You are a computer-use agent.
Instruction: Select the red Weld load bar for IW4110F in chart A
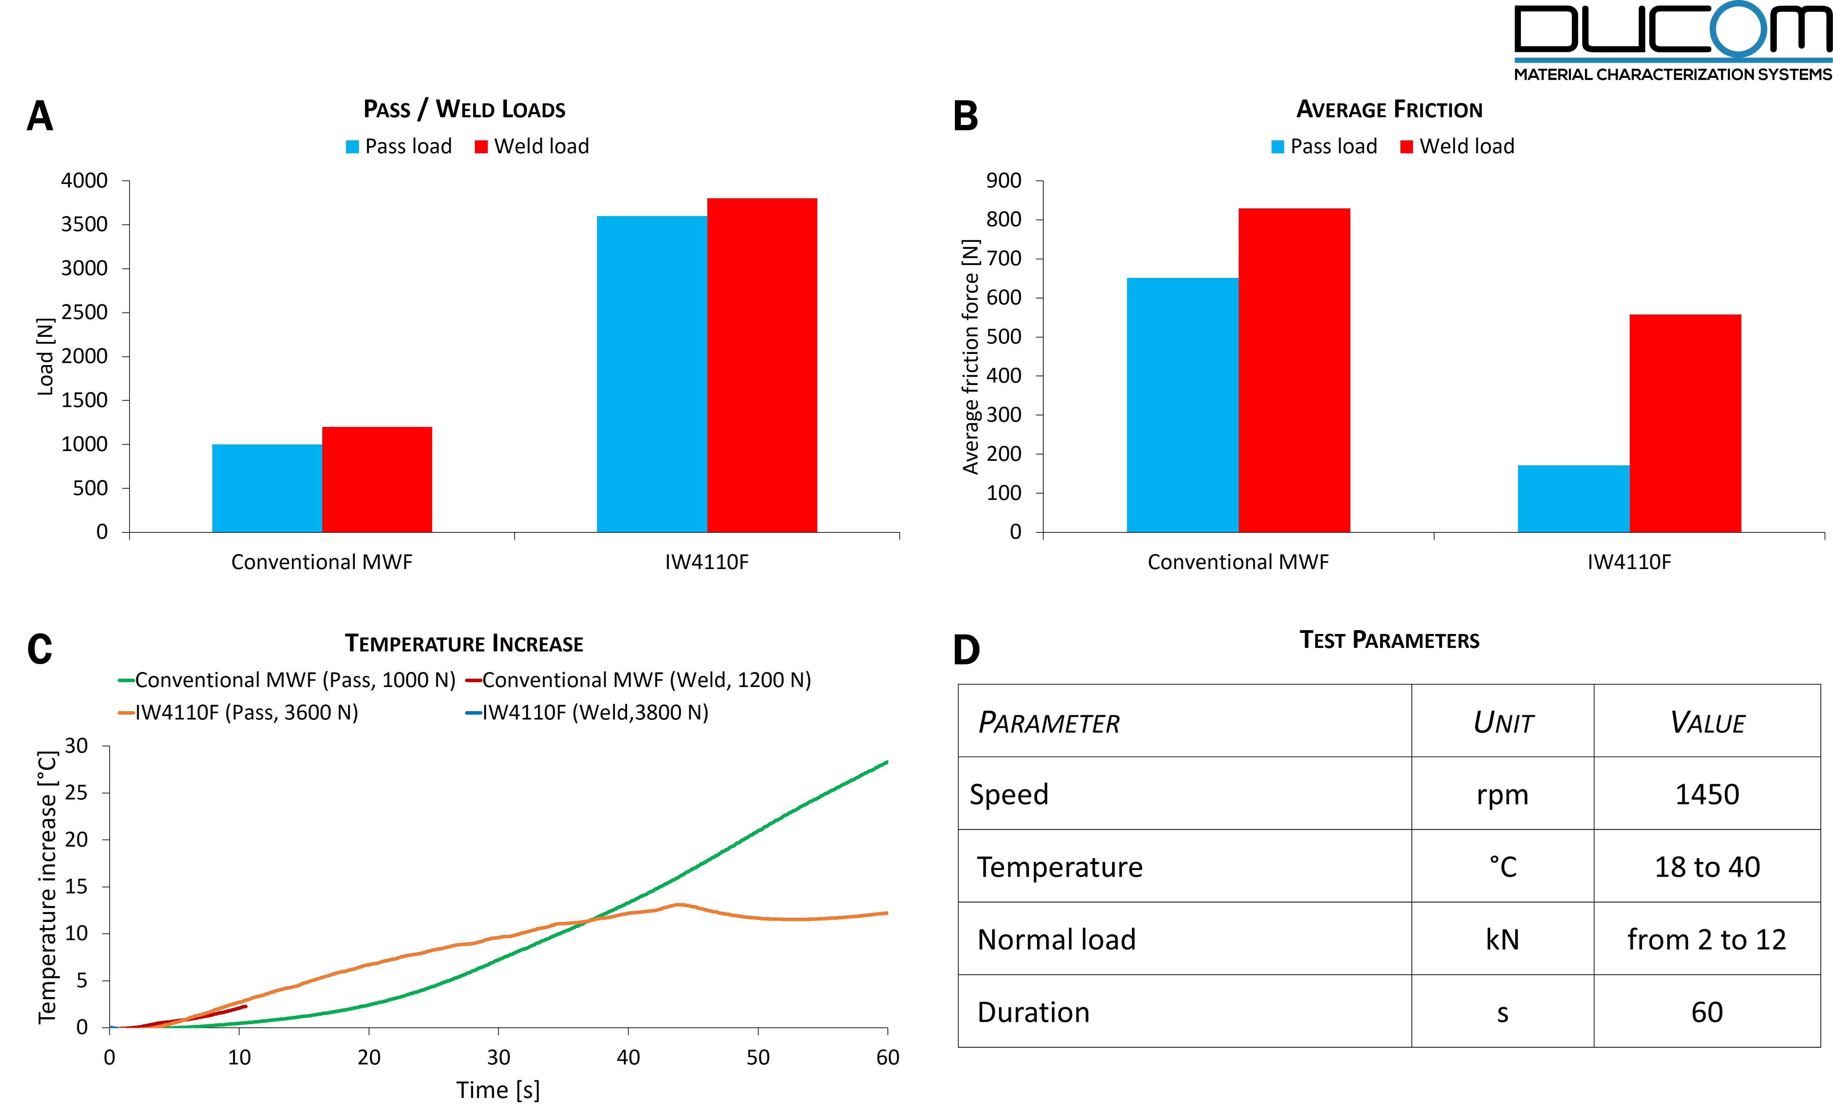click(x=762, y=364)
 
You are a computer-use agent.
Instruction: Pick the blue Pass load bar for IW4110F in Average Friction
click(x=1573, y=498)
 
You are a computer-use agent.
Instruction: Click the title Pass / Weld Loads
click(x=464, y=109)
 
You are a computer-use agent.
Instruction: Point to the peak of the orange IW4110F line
click(x=678, y=904)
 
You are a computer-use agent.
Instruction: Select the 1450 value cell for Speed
click(x=1707, y=794)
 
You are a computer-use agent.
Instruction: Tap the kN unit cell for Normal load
click(x=1502, y=939)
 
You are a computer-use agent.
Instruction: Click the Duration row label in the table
click(x=1033, y=1012)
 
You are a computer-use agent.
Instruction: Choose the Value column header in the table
click(x=1707, y=722)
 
